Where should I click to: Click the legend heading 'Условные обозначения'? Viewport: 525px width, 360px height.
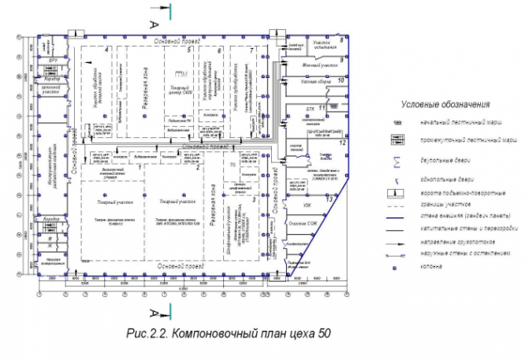click(x=445, y=104)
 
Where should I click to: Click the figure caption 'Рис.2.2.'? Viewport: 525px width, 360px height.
click(x=147, y=333)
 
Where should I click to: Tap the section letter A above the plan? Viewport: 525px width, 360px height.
click(x=155, y=24)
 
